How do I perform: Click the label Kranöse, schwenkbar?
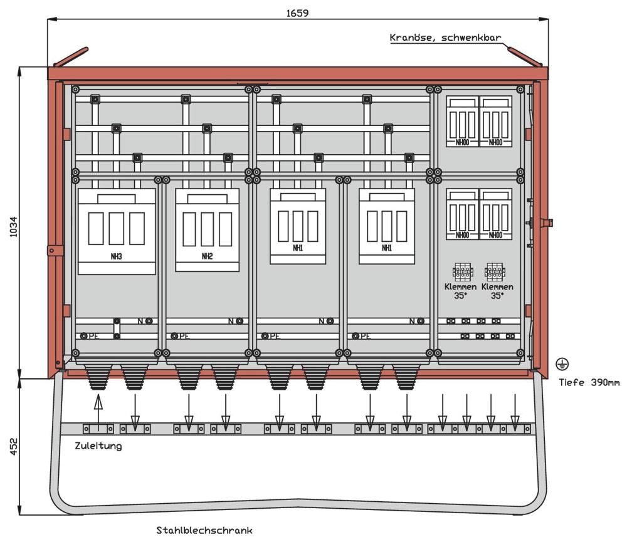click(x=445, y=38)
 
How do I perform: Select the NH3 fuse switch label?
click(x=117, y=257)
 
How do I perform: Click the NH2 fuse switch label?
click(x=207, y=256)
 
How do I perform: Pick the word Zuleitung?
click(x=98, y=446)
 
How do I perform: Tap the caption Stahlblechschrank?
click(x=204, y=531)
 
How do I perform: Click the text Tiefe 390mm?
click(x=589, y=382)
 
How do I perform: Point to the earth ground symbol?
click(x=562, y=363)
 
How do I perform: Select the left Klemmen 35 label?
click(x=461, y=290)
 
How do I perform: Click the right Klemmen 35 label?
click(x=497, y=290)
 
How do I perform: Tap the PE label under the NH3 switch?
click(x=94, y=336)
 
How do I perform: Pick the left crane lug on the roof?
click(x=71, y=56)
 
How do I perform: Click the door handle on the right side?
click(x=547, y=222)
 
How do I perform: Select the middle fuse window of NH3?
click(x=116, y=228)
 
